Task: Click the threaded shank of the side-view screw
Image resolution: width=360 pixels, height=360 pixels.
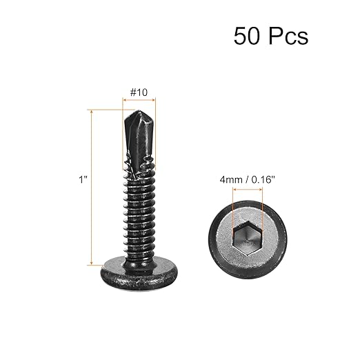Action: (139, 207)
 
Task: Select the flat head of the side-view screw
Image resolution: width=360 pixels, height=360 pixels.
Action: (139, 265)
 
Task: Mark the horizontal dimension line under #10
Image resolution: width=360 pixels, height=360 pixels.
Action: (139, 99)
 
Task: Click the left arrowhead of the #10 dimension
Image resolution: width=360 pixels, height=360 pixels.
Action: (124, 99)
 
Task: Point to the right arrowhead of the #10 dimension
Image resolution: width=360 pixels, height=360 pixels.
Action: (154, 99)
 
